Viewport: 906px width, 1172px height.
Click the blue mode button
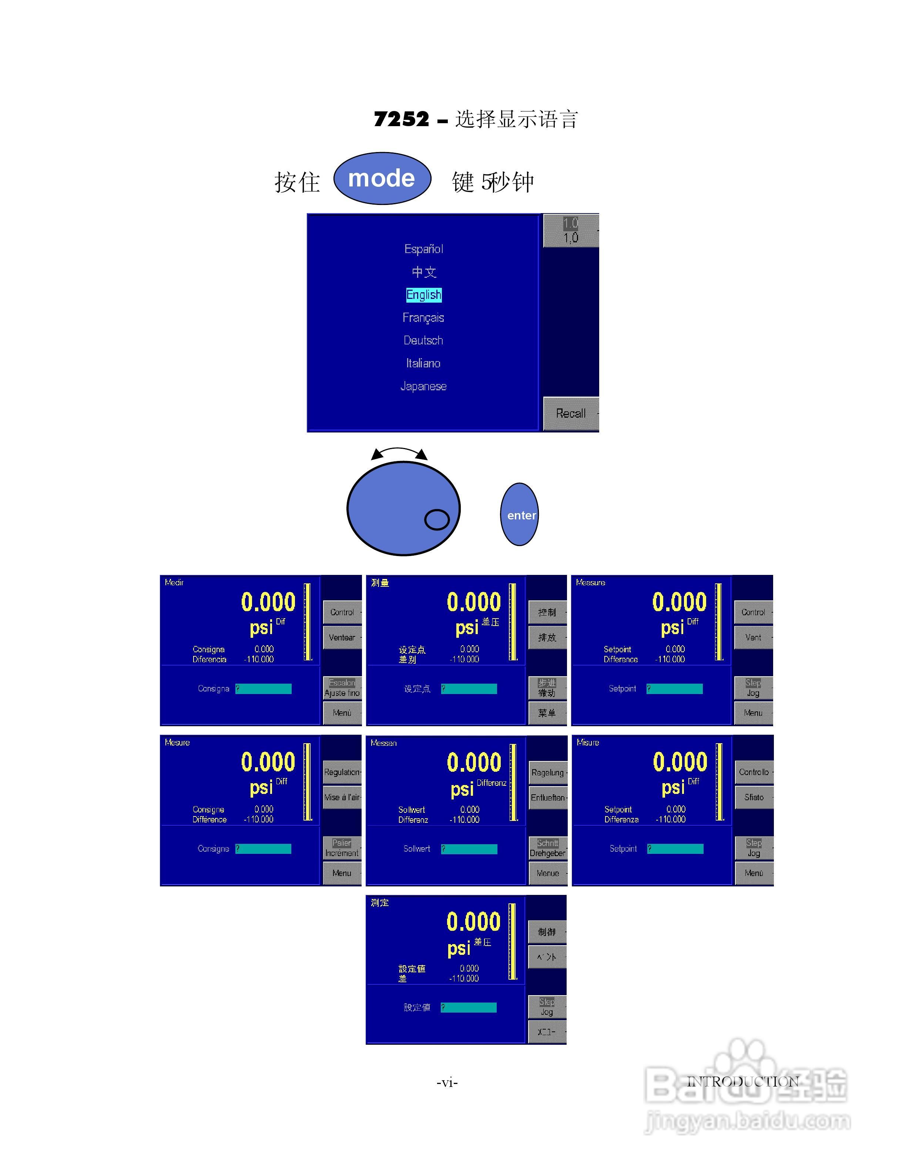tap(382, 178)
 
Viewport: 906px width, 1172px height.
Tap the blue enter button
tap(520, 515)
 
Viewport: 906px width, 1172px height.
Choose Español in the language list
tap(423, 249)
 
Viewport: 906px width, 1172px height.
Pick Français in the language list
tap(423, 318)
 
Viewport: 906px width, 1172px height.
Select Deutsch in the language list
tap(423, 340)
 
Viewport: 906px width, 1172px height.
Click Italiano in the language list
tap(423, 363)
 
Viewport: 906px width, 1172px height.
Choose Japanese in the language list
tap(423, 386)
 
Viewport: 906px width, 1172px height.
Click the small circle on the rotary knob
tap(437, 519)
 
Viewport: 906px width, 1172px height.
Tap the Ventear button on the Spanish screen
tap(342, 637)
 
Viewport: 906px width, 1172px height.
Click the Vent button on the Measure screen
tap(753, 637)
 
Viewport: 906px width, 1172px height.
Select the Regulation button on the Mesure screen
tap(342, 772)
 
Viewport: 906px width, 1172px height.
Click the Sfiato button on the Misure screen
tap(754, 798)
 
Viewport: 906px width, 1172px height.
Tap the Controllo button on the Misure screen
tap(754, 772)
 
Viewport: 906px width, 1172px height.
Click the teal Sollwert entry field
tap(469, 849)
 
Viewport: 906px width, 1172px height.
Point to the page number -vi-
tap(447, 1082)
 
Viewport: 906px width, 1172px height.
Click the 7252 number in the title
tap(402, 119)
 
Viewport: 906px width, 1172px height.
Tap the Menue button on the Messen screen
tap(547, 873)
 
